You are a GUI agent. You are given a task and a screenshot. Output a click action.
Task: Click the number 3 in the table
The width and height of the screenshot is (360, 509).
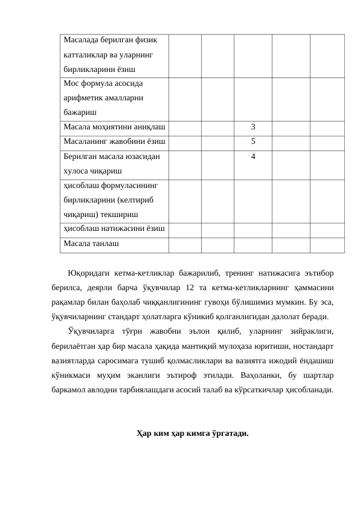pos(252,127)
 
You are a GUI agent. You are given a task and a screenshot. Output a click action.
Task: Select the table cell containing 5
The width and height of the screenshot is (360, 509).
pos(252,141)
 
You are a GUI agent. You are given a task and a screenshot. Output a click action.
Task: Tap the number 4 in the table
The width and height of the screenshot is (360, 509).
pos(252,156)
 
